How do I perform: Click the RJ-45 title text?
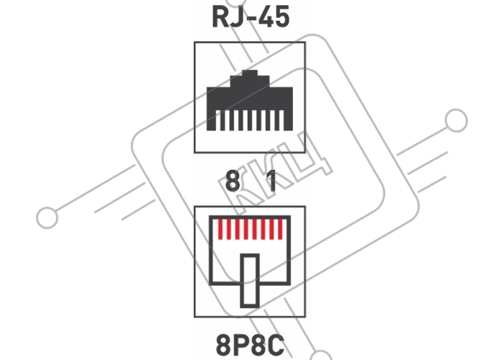tap(251, 17)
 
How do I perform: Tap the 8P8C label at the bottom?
tap(250, 344)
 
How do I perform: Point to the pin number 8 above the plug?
tap(233, 181)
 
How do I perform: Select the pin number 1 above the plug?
tap(271, 181)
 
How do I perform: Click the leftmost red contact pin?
tap(220, 229)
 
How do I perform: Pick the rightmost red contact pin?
tap(280, 229)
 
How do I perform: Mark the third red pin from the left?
tap(238, 229)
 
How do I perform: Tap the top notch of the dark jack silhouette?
tap(250, 73)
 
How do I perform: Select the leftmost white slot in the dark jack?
tap(218, 120)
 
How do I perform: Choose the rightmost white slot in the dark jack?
tap(282, 120)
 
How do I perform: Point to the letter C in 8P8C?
tap(276, 344)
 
